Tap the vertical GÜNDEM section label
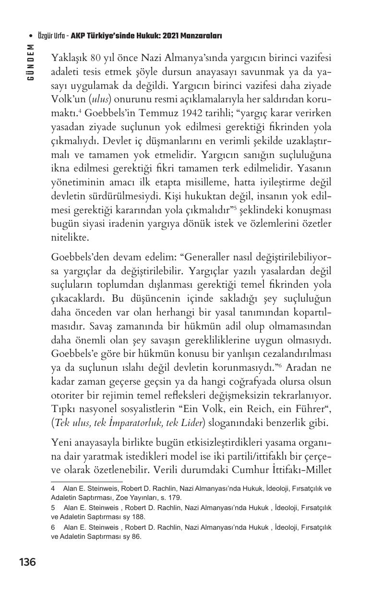pyautogui.click(x=31, y=62)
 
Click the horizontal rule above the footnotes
pyautogui.click(x=86, y=481)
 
